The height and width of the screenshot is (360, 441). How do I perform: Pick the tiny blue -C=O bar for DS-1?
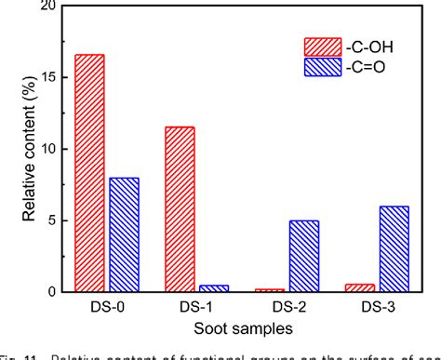click(x=213, y=288)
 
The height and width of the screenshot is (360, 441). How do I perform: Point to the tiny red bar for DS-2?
click(x=269, y=290)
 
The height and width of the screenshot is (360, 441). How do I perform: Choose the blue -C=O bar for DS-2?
click(x=303, y=256)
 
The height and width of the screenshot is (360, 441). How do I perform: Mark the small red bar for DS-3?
click(x=359, y=288)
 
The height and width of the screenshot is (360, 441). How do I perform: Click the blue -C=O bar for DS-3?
click(x=393, y=248)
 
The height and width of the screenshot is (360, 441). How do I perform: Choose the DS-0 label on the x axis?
click(x=106, y=309)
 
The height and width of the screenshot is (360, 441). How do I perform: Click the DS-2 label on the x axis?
click(x=286, y=309)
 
